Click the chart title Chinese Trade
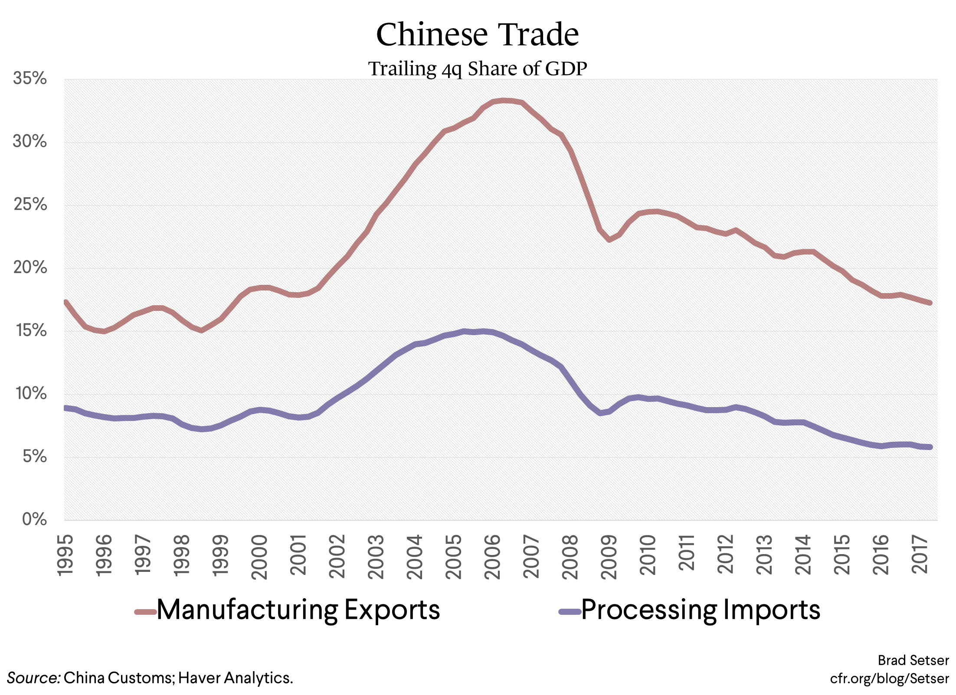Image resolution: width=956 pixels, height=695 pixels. [478, 35]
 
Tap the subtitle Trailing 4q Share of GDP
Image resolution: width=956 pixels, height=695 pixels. [478, 69]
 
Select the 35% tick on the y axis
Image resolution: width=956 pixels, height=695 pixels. [29, 78]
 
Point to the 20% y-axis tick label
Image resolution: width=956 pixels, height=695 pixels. [29, 268]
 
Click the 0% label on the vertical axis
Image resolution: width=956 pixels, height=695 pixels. [34, 519]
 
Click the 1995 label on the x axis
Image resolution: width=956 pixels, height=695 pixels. [65, 555]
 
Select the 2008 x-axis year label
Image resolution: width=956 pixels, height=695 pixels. [570, 557]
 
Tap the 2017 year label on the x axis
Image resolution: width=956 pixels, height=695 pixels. [920, 555]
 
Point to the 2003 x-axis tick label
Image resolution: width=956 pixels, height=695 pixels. [376, 557]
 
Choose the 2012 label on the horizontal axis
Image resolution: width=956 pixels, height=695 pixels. [725, 555]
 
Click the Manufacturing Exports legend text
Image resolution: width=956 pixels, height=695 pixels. [298, 610]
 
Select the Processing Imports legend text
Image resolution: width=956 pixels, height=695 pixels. [700, 610]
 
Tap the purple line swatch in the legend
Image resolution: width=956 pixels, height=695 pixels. [570, 612]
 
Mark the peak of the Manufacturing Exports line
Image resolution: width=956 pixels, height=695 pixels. [503, 101]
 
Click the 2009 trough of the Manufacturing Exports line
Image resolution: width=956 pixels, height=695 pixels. [609, 239]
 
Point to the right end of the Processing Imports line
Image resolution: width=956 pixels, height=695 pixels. [930, 447]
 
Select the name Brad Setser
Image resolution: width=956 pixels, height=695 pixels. [913, 660]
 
